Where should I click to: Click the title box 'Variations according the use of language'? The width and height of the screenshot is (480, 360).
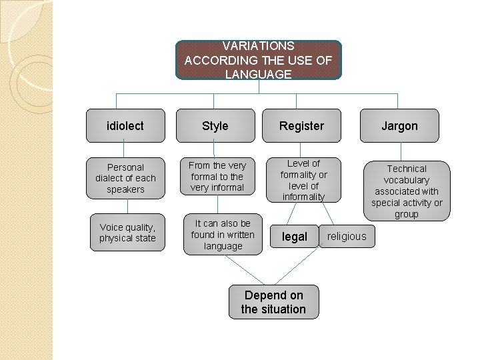(x=258, y=60)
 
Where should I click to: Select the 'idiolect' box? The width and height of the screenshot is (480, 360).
(x=125, y=125)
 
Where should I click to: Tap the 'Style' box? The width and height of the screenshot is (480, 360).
(x=215, y=125)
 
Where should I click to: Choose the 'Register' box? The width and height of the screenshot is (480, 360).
(x=301, y=125)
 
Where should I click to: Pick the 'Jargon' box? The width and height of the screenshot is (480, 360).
(x=399, y=125)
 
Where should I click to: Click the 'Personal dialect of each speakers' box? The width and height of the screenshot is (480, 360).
(x=125, y=178)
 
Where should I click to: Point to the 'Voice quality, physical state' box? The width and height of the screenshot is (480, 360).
(x=127, y=233)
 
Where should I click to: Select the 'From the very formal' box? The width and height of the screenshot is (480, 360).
(x=217, y=176)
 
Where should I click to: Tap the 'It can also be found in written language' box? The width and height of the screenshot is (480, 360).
(x=223, y=235)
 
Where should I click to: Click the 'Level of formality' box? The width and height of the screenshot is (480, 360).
(x=303, y=180)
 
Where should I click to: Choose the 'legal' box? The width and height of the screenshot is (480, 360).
(x=294, y=237)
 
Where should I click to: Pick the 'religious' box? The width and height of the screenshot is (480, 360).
(x=347, y=236)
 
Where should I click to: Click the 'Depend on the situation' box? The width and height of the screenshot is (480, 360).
(x=273, y=302)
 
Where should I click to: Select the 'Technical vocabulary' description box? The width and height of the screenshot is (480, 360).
(x=407, y=191)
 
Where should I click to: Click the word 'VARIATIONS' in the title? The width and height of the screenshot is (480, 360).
(x=258, y=46)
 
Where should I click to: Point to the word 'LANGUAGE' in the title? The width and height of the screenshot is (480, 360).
(x=258, y=74)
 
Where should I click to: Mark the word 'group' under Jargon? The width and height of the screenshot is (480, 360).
(x=407, y=214)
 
